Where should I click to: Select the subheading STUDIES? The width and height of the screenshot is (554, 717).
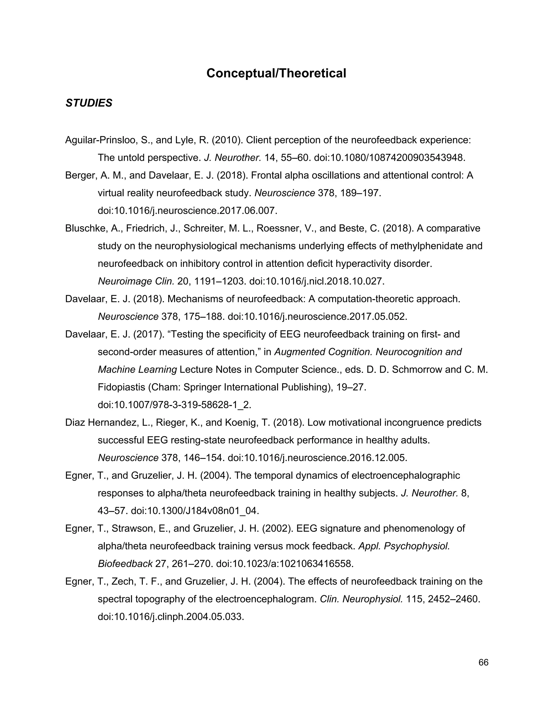tap(89, 103)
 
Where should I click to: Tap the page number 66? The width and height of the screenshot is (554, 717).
tap(483, 663)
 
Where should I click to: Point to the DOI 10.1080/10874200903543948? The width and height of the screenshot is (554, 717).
tap(389, 158)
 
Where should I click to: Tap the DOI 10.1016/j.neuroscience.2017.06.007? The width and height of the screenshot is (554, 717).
tap(187, 211)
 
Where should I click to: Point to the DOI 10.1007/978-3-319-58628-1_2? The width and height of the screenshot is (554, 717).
tap(174, 405)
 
